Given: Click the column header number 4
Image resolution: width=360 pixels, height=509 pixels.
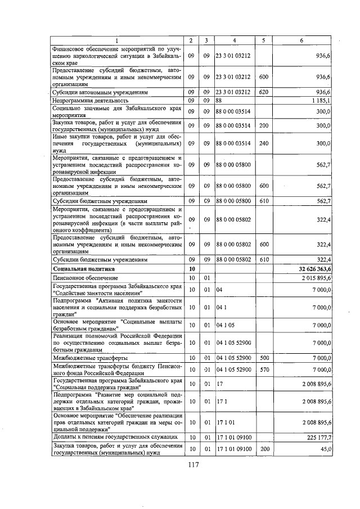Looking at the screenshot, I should coord(234,40).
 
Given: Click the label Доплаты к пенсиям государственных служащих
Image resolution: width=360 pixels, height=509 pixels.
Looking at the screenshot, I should coord(115,436).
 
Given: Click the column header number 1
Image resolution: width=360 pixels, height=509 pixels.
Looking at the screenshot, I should coord(117,40).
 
